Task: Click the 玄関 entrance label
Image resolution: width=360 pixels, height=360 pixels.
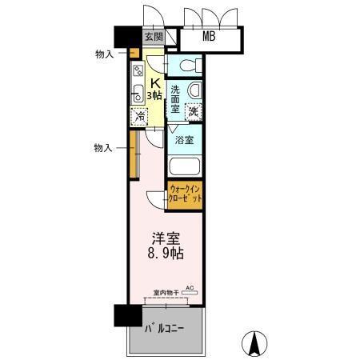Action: [x=154, y=38]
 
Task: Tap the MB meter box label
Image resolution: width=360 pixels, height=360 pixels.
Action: [x=209, y=37]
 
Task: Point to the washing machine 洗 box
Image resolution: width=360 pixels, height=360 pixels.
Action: [x=193, y=111]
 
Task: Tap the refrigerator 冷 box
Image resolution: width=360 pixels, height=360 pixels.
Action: [x=140, y=116]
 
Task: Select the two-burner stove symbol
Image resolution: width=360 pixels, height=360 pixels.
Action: [x=137, y=70]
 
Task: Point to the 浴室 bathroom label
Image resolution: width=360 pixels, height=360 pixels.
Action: [x=184, y=140]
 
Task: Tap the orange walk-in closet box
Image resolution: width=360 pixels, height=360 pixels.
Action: [x=184, y=195]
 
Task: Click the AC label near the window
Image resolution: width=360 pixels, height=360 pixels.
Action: [x=190, y=287]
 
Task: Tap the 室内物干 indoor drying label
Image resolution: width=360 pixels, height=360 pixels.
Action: [x=163, y=294]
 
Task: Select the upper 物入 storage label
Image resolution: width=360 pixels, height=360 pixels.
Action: [x=104, y=54]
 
